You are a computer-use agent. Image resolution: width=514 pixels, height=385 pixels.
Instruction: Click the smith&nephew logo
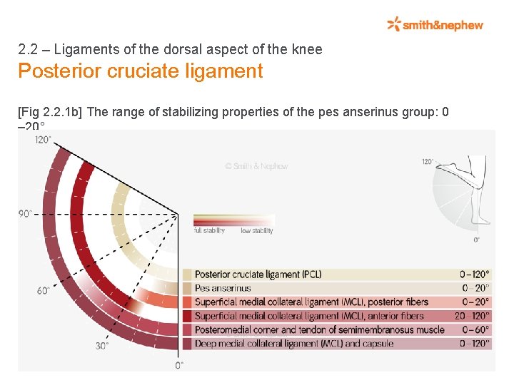pos(435,25)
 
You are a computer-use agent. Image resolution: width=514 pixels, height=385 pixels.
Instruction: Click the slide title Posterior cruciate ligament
pos(140,71)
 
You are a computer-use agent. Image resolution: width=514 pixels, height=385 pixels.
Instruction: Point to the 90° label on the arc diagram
pos(26,213)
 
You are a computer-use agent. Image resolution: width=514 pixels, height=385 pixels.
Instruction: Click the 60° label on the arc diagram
pos(43,290)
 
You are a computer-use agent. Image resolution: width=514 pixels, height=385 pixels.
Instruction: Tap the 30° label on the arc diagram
pos(102,346)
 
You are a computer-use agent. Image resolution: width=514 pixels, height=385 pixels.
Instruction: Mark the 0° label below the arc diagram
pos(179,365)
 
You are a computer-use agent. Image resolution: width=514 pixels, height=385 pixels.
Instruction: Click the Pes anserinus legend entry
pos(223,288)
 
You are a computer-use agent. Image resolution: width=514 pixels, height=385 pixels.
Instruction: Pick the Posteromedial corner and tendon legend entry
pos(319,329)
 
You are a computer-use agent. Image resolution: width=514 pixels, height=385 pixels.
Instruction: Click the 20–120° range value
pos(472,316)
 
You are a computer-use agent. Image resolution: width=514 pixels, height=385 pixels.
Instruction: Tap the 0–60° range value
pos(476,329)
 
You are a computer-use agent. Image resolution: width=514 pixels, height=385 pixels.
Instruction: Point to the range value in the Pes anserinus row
pos(476,288)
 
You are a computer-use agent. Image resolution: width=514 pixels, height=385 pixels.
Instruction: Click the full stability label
pos(209,231)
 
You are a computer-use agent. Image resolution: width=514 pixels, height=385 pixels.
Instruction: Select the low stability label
pos(256,231)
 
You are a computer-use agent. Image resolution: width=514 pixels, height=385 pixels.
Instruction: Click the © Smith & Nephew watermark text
pos(256,166)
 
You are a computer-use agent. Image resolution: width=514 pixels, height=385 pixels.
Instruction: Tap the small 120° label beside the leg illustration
pos(427,162)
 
